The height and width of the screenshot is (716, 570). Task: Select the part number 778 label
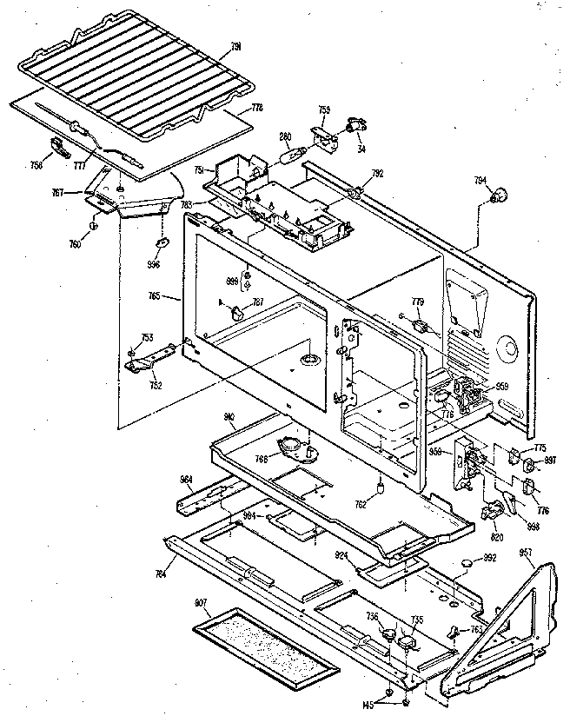pyautogui.click(x=256, y=108)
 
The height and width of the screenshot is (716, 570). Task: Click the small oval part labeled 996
pyautogui.click(x=162, y=242)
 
